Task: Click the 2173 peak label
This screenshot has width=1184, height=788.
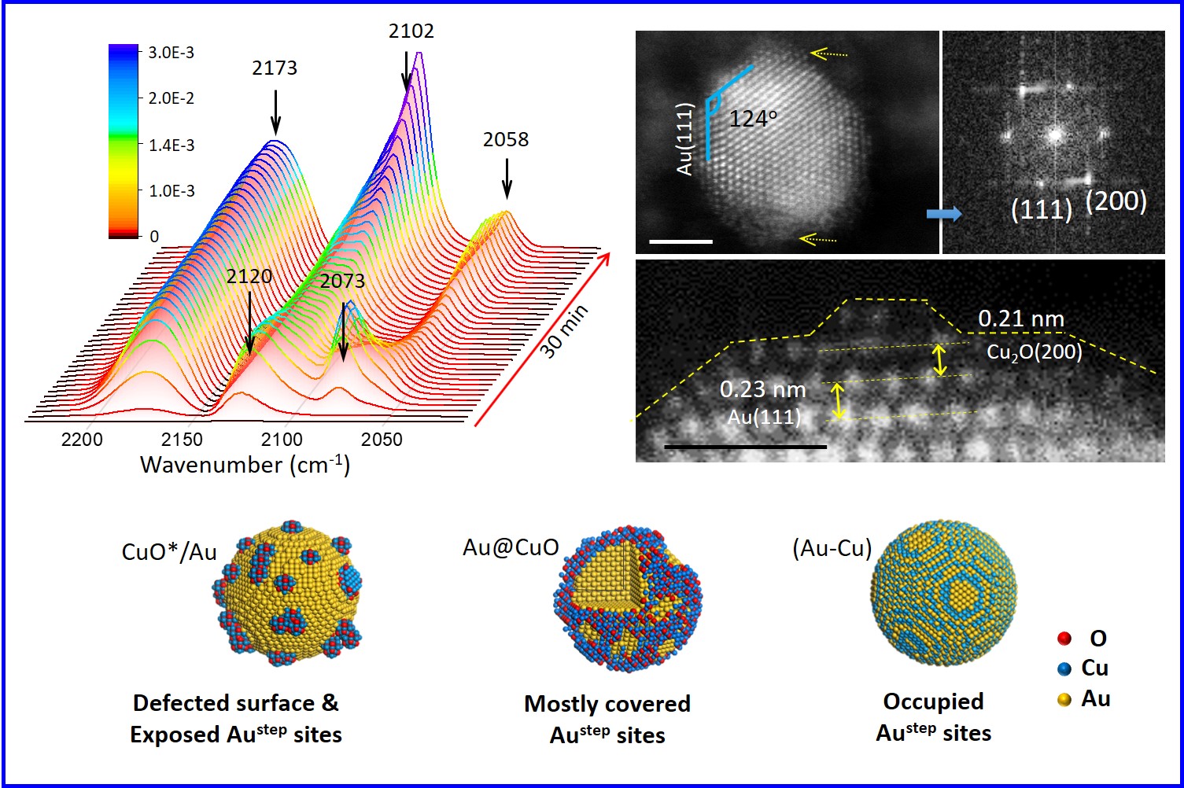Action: pyautogui.click(x=275, y=68)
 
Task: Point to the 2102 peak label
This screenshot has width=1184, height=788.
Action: pyautogui.click(x=411, y=31)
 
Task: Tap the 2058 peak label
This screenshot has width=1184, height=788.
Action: pyautogui.click(x=506, y=140)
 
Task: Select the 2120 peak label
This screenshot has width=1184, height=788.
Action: pyautogui.click(x=249, y=277)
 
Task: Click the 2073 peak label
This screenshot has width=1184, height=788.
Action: pyautogui.click(x=342, y=281)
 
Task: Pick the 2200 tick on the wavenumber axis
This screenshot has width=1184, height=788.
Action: pyautogui.click(x=82, y=440)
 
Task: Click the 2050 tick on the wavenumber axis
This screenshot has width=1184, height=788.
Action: pyautogui.click(x=382, y=440)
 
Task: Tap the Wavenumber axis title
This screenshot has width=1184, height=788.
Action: pyautogui.click(x=245, y=465)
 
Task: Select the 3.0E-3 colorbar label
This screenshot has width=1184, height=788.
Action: pyautogui.click(x=171, y=53)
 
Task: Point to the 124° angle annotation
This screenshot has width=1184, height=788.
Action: pyautogui.click(x=753, y=119)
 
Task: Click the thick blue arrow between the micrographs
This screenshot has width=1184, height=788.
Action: pyautogui.click(x=943, y=214)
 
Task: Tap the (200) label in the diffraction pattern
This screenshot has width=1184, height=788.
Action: pyautogui.click(x=1116, y=202)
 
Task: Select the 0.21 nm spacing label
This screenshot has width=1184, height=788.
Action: pyautogui.click(x=1021, y=319)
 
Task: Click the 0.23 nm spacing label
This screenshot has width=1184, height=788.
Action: pyautogui.click(x=762, y=389)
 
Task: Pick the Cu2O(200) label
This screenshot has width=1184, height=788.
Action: pyautogui.click(x=1035, y=352)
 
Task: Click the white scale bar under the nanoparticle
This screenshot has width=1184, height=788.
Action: pyautogui.click(x=681, y=241)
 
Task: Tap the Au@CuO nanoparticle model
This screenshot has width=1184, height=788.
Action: pyautogui.click(x=627, y=602)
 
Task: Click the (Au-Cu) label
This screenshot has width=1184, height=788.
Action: pyautogui.click(x=832, y=548)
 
